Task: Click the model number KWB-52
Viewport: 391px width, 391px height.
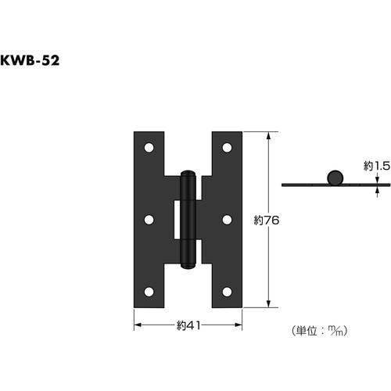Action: click(30, 61)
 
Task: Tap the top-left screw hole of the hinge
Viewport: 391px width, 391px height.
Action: click(149, 147)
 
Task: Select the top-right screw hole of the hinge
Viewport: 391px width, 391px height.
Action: click(227, 147)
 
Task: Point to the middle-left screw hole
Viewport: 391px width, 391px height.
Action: click(149, 220)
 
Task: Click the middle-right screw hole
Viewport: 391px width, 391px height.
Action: click(227, 220)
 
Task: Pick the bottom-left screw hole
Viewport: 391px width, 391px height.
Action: click(149, 292)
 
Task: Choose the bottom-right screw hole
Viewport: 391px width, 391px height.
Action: click(227, 292)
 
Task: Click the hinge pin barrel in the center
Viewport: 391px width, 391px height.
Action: click(188, 220)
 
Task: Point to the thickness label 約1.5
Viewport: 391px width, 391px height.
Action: click(376, 166)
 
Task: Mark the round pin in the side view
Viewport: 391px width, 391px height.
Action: click(335, 177)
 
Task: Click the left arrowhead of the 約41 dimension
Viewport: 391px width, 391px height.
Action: click(137, 325)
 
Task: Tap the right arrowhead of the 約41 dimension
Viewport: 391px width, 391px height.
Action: click(239, 325)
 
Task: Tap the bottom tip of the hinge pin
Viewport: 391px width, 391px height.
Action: click(188, 267)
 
